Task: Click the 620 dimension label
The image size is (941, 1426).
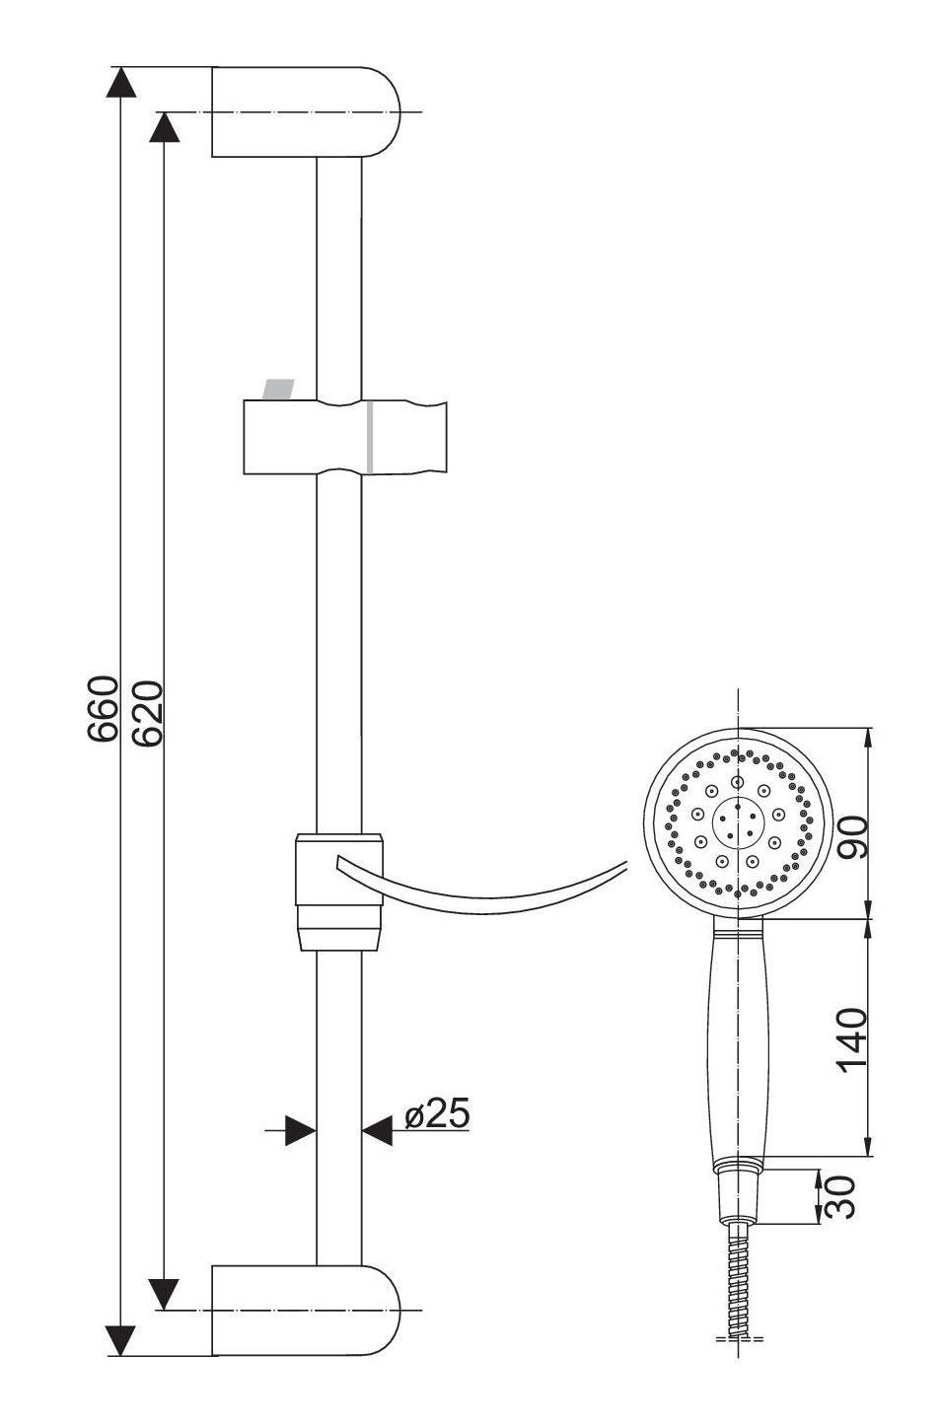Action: click(x=148, y=713)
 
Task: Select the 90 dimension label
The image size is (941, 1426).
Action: click(x=853, y=837)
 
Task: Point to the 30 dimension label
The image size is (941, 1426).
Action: click(x=839, y=1197)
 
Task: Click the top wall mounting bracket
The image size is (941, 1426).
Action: click(x=306, y=111)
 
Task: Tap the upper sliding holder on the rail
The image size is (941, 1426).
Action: click(x=345, y=437)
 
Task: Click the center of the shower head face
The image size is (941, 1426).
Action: click(x=738, y=823)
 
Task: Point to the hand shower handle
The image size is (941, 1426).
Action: click(x=739, y=1039)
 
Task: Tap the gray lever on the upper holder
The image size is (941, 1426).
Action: click(x=278, y=390)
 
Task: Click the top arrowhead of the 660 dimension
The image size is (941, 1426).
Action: click(x=121, y=82)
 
